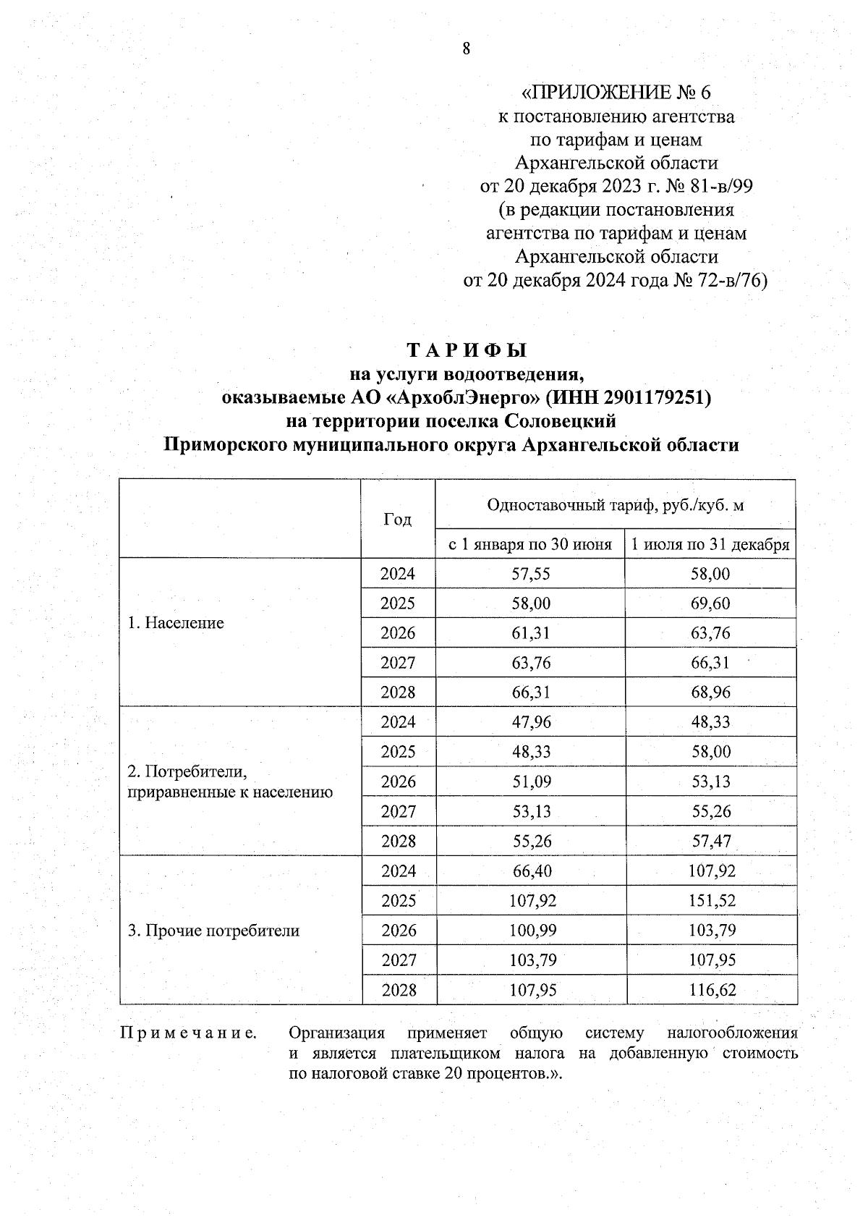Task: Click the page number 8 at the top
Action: click(466, 48)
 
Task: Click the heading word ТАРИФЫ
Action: click(467, 351)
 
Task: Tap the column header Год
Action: click(397, 519)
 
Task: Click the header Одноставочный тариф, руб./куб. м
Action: click(616, 505)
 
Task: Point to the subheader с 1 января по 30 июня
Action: click(530, 544)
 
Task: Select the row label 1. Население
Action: click(176, 623)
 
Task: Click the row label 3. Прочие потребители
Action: click(213, 931)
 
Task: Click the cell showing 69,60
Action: click(710, 604)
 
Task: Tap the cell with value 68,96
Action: click(710, 693)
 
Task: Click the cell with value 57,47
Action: click(711, 842)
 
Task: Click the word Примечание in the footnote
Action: click(188, 1033)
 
